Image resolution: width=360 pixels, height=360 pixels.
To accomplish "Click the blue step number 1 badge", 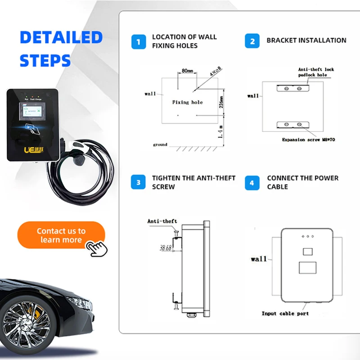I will click(139, 42).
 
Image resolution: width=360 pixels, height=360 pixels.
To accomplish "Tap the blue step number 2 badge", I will click(252, 41).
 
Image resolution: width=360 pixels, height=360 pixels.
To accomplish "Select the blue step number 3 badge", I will click(139, 183).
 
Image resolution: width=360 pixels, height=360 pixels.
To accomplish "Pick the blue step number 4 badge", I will click(252, 183).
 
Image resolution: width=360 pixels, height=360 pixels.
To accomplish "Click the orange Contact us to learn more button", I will click(61, 235).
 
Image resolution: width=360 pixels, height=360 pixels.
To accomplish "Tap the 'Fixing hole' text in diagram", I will click(187, 103).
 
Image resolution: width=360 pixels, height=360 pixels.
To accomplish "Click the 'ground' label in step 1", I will click(160, 145).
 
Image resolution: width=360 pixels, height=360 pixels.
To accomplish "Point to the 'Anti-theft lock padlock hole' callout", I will click(316, 72).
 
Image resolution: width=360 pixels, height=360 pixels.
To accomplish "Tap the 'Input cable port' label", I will click(285, 313).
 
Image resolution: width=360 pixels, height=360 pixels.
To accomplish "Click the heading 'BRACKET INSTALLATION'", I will click(306, 40).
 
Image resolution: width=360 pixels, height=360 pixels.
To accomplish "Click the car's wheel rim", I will click(26, 324).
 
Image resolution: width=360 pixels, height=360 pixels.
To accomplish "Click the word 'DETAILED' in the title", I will click(61, 37).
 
